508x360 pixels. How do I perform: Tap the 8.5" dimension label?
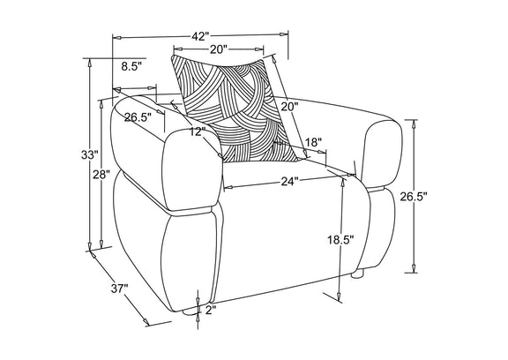coord(132,67)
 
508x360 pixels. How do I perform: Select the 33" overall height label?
coord(89,155)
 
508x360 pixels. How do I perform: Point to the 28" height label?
coord(101,176)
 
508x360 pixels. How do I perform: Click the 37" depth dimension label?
coord(120,288)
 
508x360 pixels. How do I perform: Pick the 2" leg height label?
coord(210,310)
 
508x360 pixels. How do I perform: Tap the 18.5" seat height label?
coord(340,240)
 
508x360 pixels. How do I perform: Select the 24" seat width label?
coord(289,182)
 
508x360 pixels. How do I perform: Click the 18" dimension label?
coord(314,143)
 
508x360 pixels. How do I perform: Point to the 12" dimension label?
coord(198,131)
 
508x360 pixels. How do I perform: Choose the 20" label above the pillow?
coord(220,49)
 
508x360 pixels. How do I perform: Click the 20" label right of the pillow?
coord(289,106)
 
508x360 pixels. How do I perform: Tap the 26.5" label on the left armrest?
coord(138,117)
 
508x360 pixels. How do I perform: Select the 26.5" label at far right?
coord(414,197)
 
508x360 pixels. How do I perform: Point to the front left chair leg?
coord(188,313)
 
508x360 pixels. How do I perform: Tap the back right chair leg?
coord(358,274)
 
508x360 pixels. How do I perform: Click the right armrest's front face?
coord(384,154)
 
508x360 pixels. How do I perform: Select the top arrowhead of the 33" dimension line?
coord(89,64)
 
